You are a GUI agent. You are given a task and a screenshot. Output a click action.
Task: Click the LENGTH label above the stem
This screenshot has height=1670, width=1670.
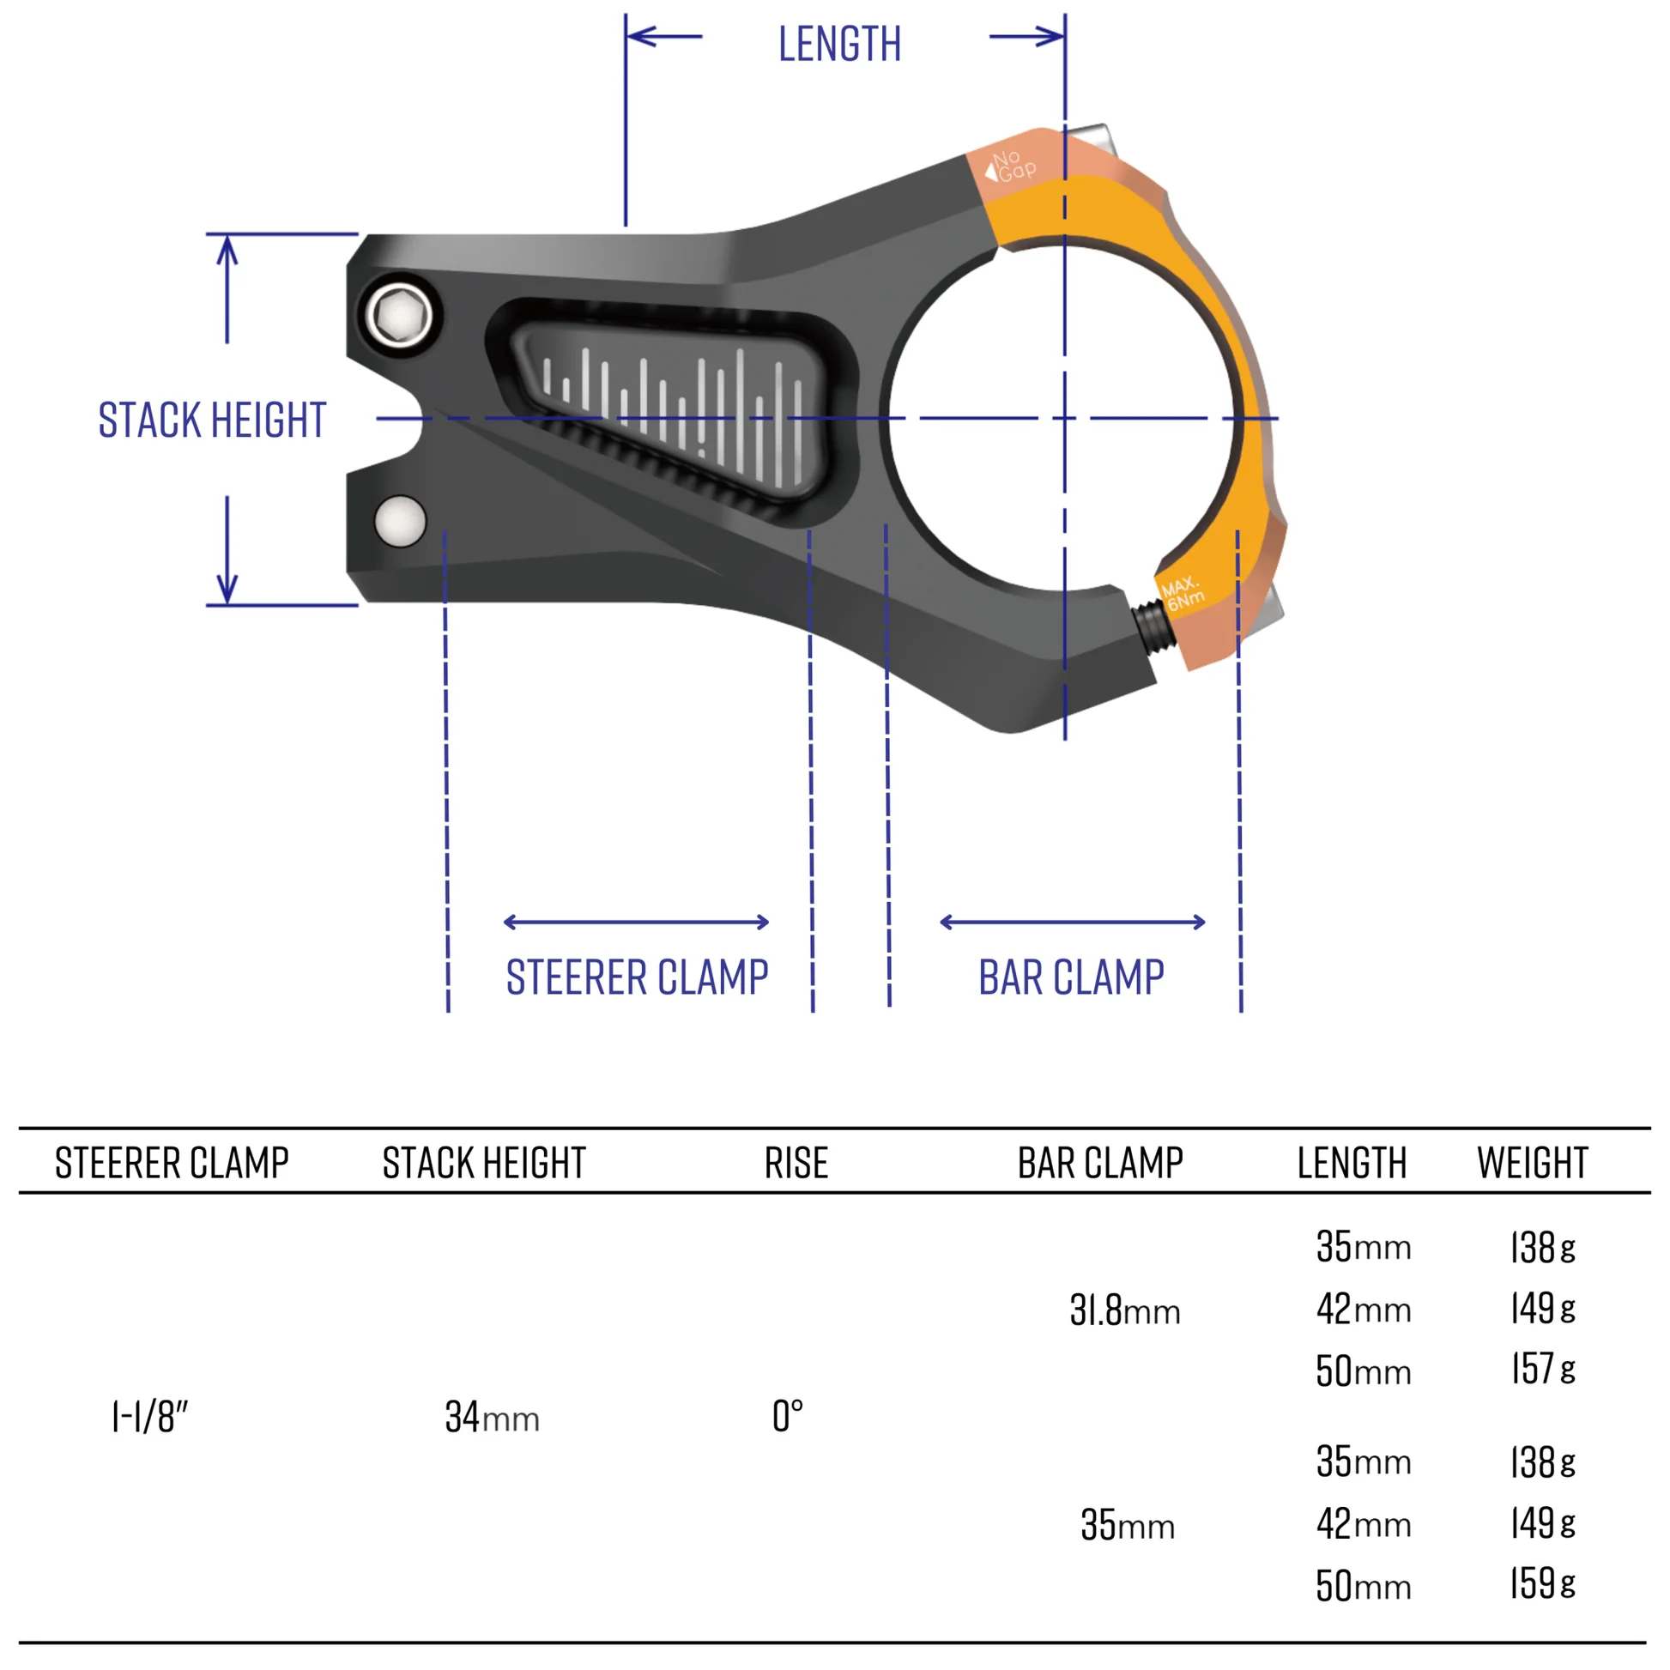click(x=838, y=44)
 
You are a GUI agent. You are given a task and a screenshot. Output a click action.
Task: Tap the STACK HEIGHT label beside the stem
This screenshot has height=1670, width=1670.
click(x=212, y=421)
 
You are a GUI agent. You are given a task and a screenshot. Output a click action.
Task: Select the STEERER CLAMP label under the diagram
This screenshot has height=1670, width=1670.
click(x=637, y=977)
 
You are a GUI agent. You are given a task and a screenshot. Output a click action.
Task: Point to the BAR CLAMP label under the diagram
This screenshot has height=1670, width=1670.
click(x=1071, y=977)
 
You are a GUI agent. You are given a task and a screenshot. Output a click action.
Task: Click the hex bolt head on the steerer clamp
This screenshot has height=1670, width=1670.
click(x=398, y=316)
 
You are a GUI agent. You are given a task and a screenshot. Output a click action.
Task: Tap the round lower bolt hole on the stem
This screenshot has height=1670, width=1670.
click(x=400, y=521)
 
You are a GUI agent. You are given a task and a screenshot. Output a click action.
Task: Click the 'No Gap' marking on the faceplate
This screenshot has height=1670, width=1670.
click(x=1011, y=165)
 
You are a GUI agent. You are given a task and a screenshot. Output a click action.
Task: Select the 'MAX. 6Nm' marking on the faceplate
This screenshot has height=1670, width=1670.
click(x=1182, y=594)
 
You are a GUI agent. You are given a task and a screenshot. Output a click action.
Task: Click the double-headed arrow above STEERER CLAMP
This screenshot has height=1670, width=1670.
click(x=636, y=923)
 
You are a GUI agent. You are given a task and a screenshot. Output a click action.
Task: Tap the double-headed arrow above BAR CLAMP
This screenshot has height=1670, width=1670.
click(x=1072, y=923)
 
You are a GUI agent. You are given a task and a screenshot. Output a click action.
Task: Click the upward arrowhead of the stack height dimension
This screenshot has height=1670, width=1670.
click(x=227, y=250)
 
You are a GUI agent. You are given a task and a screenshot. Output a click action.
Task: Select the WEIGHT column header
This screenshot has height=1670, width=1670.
click(x=1532, y=1164)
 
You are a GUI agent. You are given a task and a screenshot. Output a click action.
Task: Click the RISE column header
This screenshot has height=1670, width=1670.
click(x=796, y=1164)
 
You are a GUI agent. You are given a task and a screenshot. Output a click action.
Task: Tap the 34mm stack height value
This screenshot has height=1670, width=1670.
click(x=492, y=1418)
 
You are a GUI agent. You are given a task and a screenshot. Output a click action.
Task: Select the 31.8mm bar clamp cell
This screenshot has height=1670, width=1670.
click(x=1123, y=1310)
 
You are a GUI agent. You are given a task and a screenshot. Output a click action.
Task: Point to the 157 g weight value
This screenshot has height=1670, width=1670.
click(x=1542, y=1369)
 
